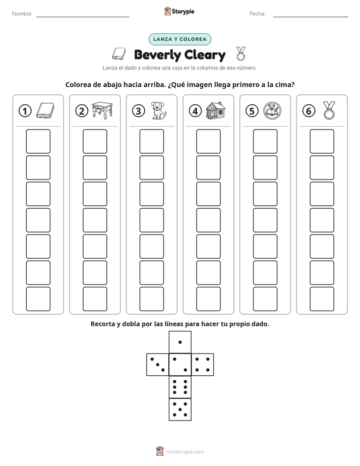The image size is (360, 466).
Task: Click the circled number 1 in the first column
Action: coord(25,111)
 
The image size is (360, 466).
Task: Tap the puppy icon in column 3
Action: coord(159,110)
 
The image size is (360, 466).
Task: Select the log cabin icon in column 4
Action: coord(215,110)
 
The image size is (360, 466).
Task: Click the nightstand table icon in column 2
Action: coord(102,110)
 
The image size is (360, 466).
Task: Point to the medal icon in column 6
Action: coord(329,110)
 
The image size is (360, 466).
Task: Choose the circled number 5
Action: coord(252,111)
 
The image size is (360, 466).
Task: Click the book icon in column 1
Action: coord(45,111)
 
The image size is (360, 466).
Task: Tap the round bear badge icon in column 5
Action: coord(272,110)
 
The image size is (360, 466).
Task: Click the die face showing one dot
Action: coord(180,342)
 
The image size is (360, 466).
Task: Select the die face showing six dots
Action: coord(180,387)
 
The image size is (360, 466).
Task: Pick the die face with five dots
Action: coord(180,409)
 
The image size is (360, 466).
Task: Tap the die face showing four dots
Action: coord(203,365)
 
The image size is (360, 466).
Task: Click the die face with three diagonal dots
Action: coord(158,365)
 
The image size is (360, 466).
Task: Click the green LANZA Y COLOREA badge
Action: coord(179,39)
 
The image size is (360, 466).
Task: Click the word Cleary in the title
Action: coord(205,55)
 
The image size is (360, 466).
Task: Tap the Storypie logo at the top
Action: coord(179,11)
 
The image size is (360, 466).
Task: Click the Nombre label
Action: coord(22,14)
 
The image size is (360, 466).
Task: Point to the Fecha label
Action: coord(257,14)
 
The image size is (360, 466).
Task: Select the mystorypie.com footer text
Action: coord(185,452)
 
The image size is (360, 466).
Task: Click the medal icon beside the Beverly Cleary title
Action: coord(241,53)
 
